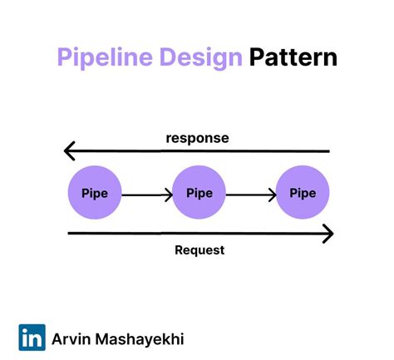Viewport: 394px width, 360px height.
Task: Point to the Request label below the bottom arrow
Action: [x=199, y=249]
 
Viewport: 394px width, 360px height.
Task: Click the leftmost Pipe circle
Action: [x=94, y=193]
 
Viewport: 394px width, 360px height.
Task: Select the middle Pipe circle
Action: [x=199, y=193]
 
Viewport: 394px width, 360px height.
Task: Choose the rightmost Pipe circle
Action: [x=303, y=193]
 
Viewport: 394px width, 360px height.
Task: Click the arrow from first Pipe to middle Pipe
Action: [x=146, y=195]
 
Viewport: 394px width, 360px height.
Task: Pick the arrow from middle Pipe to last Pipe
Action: [x=251, y=195]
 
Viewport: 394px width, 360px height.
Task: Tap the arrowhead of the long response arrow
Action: [x=70, y=151]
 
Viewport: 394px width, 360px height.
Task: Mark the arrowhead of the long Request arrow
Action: [x=328, y=234]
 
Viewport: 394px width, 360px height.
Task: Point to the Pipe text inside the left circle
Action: [x=94, y=193]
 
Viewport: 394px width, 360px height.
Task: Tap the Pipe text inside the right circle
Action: [x=303, y=193]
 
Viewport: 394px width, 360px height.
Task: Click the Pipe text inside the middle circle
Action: [x=199, y=193]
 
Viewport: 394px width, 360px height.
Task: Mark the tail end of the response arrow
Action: [x=328, y=151]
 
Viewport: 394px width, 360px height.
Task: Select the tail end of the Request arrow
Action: [x=70, y=234]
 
